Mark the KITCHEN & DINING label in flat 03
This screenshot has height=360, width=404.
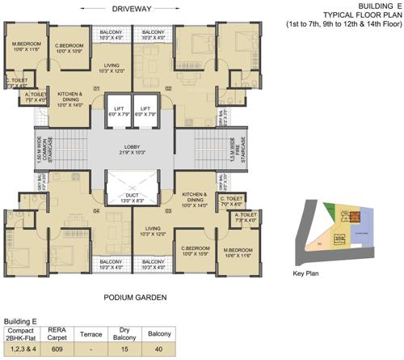click(195, 197)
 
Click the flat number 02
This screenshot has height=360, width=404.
click(169, 87)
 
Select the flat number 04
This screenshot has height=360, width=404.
click(95, 212)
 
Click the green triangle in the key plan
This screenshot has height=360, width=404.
click(329, 209)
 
